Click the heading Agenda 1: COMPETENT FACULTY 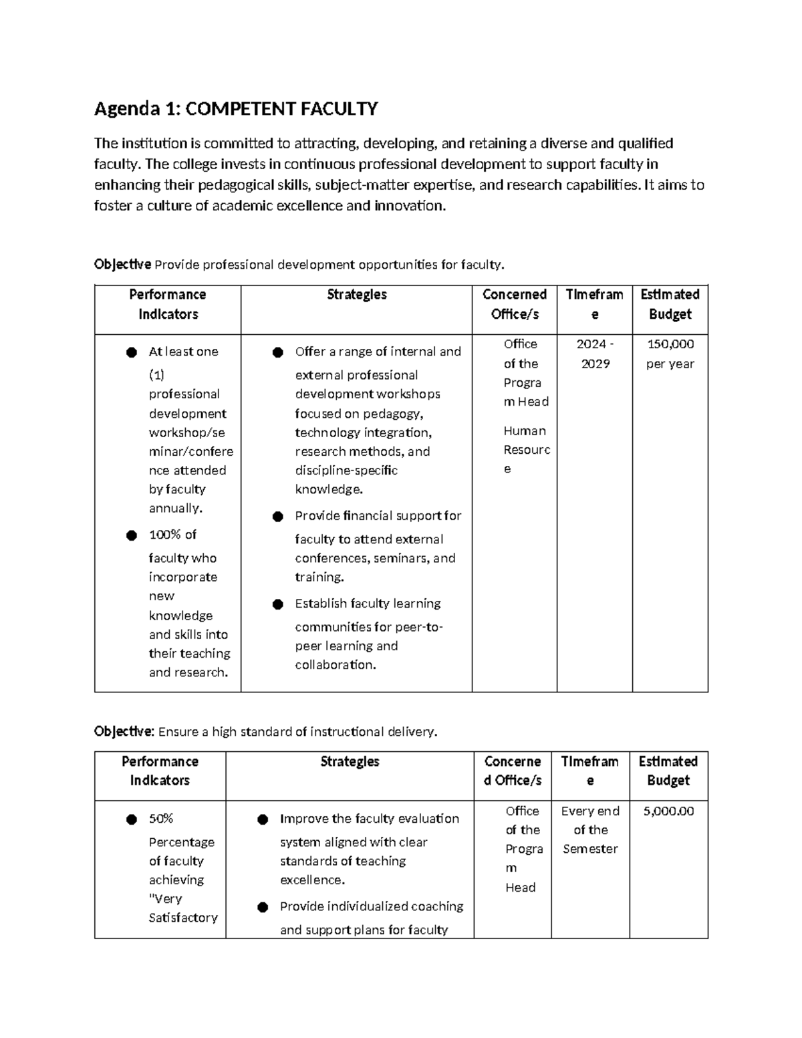point(236,108)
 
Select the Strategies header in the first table point(356,295)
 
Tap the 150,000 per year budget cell point(670,354)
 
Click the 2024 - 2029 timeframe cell point(595,354)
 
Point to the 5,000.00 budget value point(668,811)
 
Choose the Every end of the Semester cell point(590,829)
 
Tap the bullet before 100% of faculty point(132,535)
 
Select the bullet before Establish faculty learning point(278,604)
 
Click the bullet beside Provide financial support point(278,516)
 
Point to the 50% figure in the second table point(161,818)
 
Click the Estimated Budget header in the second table point(668,771)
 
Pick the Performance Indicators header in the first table point(168,304)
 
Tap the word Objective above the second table point(124,731)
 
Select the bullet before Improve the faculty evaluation point(263,819)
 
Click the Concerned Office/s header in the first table point(514,304)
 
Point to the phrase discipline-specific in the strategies point(346,470)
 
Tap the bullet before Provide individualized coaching point(263,907)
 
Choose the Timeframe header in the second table point(589,771)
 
